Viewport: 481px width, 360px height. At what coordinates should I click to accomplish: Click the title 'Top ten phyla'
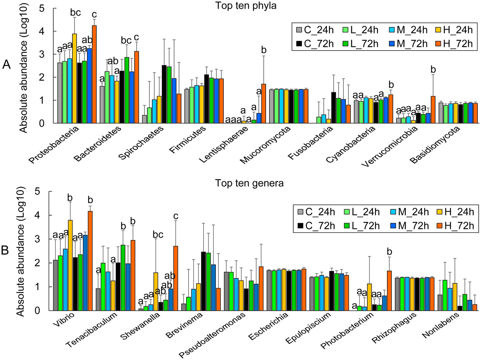coord(246,6)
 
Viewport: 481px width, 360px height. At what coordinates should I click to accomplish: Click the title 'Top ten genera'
coord(249,183)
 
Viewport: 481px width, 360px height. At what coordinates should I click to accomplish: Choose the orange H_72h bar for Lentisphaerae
coord(264,104)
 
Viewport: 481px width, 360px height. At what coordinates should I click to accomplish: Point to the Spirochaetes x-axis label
coord(141,142)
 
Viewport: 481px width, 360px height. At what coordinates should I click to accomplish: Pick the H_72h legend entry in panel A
coord(454,44)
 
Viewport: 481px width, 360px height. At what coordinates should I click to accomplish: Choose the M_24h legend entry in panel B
coord(409,212)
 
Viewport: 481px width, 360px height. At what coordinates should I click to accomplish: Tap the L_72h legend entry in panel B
coord(360,225)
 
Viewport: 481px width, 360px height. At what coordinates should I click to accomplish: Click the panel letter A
coord(6,65)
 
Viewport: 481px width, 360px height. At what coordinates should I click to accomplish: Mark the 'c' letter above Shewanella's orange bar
coord(176,216)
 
